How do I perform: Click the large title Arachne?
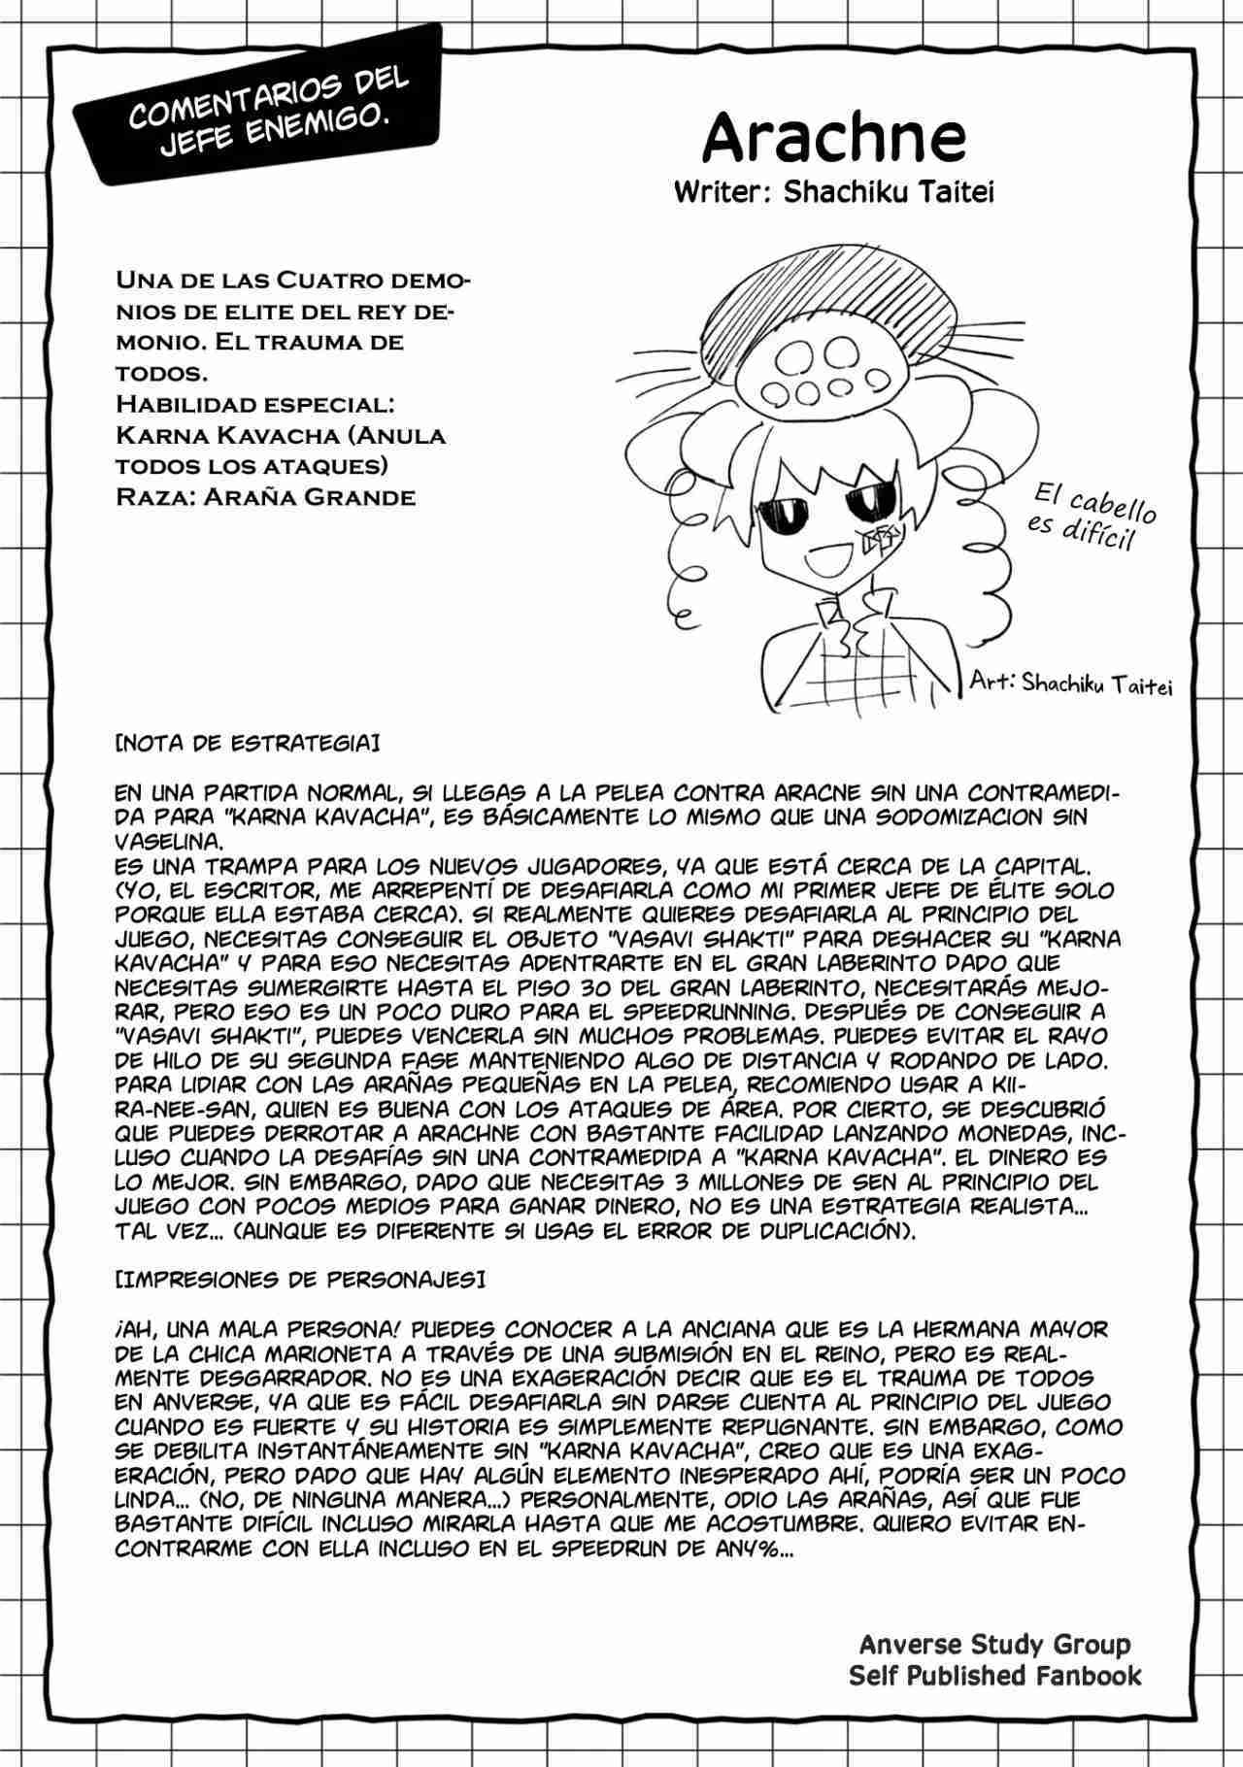click(x=833, y=138)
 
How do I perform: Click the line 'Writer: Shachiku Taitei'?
click(x=833, y=191)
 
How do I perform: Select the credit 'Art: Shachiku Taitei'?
click(x=1071, y=683)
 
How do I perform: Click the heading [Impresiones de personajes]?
click(x=299, y=1279)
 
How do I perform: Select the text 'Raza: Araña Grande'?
click(x=265, y=497)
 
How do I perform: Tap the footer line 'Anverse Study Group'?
click(x=994, y=1644)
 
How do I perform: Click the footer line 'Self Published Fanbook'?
click(x=994, y=1675)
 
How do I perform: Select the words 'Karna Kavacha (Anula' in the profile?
click(x=281, y=435)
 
